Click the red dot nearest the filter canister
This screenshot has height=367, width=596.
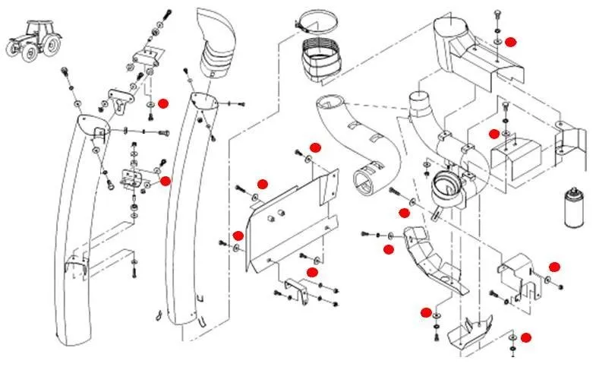pyautogui.click(x=554, y=266)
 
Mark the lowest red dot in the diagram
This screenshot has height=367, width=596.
pyautogui.click(x=525, y=337)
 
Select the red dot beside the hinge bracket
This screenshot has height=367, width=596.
pyautogui.click(x=166, y=181)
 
